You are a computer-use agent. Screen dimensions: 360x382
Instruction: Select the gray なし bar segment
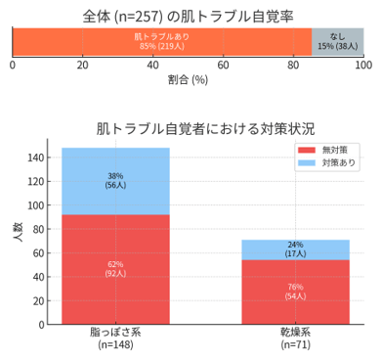click(337, 40)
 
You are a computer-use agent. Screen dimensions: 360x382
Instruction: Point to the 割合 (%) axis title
click(188, 80)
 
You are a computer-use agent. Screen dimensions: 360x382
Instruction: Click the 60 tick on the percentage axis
click(223, 65)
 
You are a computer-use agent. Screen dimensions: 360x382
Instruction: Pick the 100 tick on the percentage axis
click(363, 65)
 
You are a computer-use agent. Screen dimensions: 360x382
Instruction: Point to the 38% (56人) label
click(115, 182)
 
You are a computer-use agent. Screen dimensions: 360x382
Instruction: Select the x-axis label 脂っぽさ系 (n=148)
click(115, 338)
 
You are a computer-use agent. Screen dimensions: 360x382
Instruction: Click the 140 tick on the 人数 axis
click(36, 157)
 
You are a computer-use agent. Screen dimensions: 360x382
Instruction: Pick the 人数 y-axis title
click(17, 235)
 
